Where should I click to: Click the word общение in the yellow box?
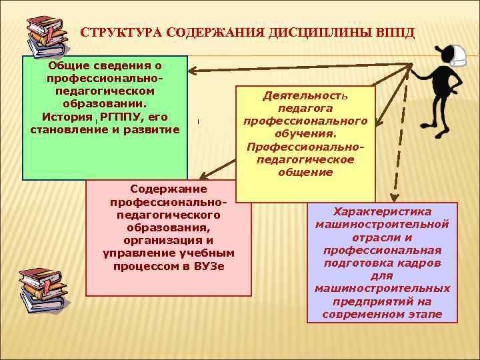click(305, 172)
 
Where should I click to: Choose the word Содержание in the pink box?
click(169, 190)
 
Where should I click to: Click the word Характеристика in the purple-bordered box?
click(382, 211)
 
